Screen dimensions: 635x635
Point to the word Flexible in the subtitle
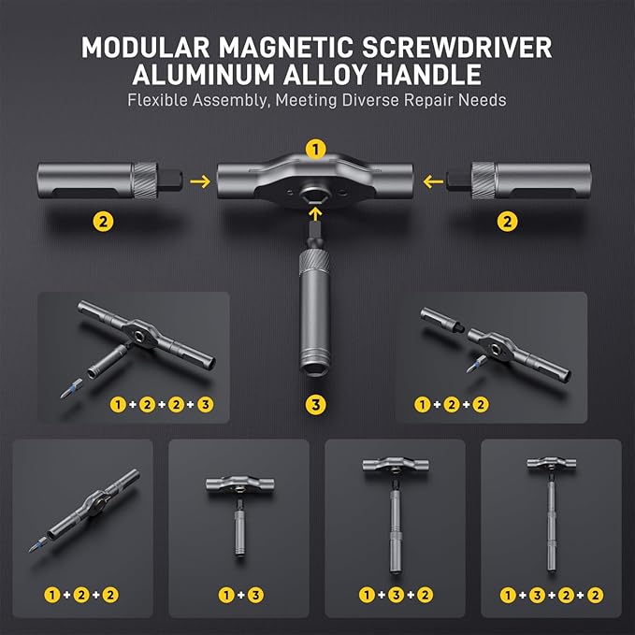(160, 100)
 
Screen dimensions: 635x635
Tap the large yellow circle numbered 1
(317, 149)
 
